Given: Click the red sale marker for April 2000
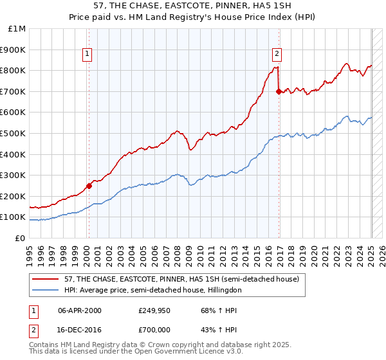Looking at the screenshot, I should [89, 186].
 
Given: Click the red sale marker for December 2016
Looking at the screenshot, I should [279, 91].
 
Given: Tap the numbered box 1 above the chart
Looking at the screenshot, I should [87, 55].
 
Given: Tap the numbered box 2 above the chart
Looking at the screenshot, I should [277, 55].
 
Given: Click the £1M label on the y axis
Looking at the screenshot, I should [17, 28].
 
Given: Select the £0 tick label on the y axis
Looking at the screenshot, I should [21, 238].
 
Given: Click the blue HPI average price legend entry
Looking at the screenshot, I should [152, 290].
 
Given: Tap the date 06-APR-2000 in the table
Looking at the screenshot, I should [80, 310].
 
